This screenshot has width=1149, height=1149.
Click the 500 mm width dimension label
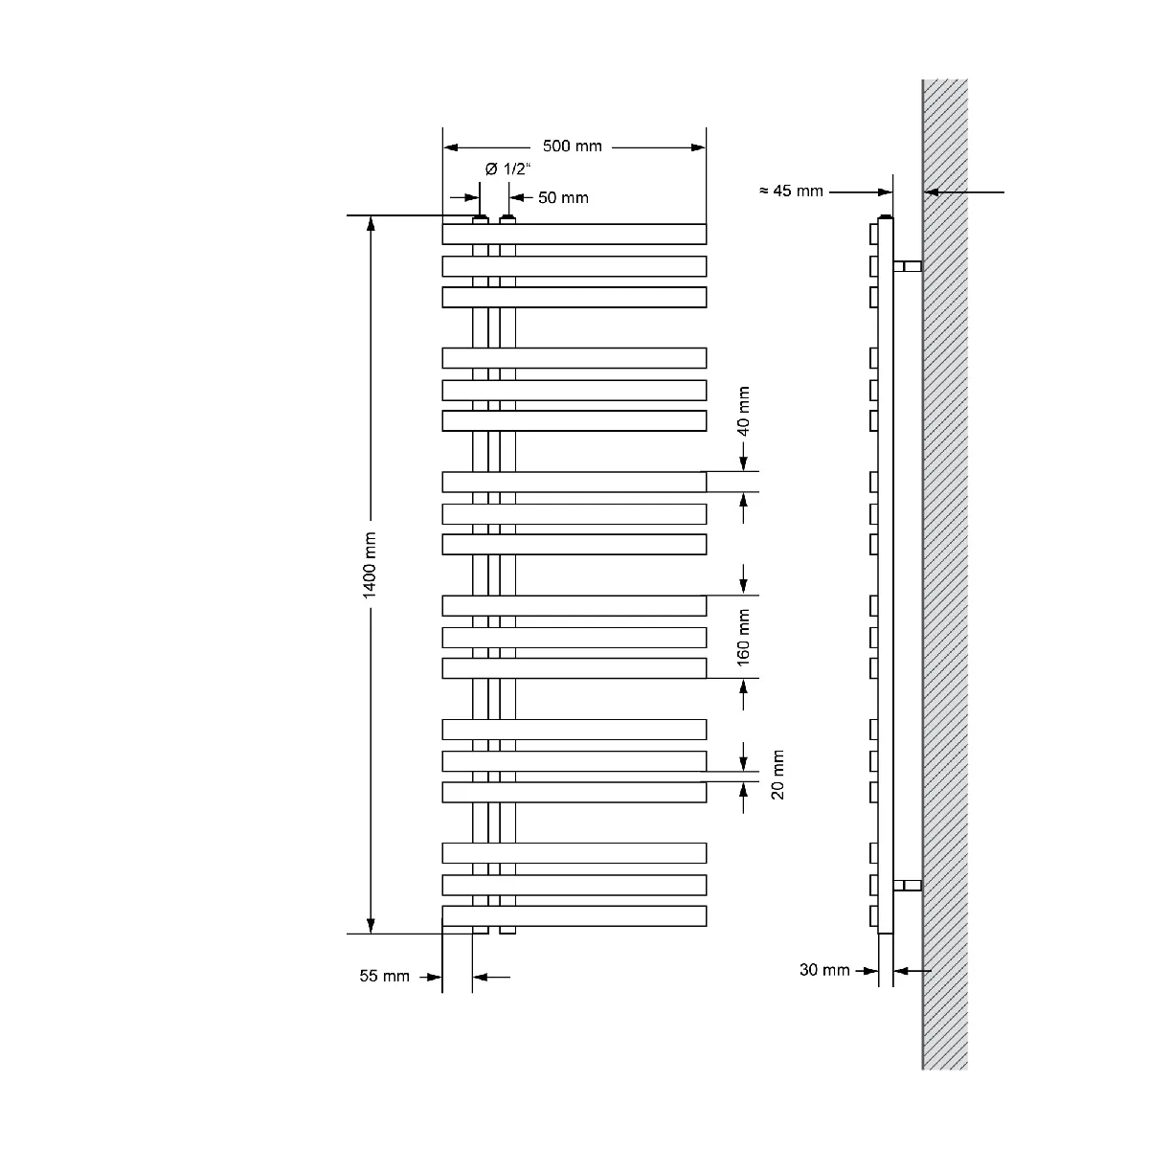point(572,146)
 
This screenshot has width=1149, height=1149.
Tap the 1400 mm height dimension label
point(370,565)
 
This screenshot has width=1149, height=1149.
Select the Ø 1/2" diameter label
point(507,169)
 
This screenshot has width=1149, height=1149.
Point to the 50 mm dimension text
point(563,198)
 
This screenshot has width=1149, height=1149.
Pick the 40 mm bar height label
point(743,411)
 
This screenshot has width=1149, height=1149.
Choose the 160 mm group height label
point(743,637)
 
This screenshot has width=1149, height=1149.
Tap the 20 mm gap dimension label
point(777,775)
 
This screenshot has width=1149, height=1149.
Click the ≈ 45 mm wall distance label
point(791,191)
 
